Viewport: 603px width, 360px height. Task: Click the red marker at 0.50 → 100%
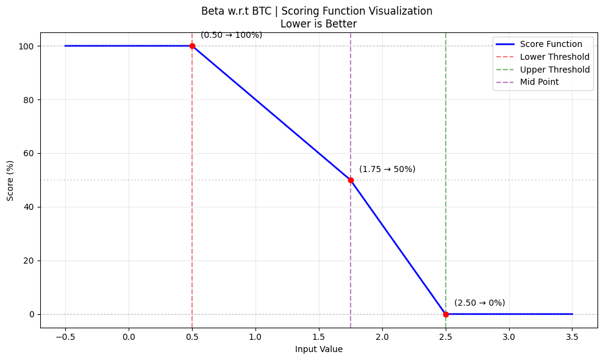tap(192, 46)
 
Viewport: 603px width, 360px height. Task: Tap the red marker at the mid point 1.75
tap(351, 180)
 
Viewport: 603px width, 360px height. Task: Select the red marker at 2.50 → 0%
tap(446, 314)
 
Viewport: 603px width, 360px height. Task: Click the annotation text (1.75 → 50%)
tap(387, 169)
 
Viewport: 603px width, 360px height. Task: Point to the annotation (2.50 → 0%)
tap(480, 303)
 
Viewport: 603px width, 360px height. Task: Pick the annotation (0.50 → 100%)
tap(231, 35)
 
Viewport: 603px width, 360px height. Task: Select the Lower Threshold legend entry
tap(554, 57)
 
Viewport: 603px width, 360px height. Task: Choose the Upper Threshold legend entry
tap(554, 70)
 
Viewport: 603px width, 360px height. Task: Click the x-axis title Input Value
tap(319, 350)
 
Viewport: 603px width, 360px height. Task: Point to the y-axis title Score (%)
tap(10, 180)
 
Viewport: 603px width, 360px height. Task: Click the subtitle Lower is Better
tap(318, 24)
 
